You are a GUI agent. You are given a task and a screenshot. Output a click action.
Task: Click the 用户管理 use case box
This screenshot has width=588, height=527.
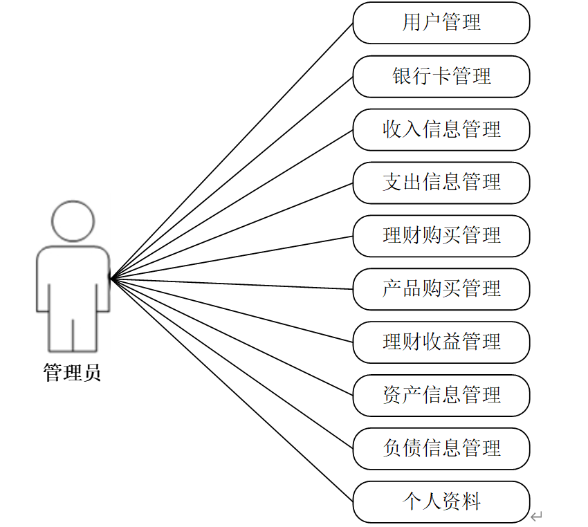pyautogui.click(x=441, y=23)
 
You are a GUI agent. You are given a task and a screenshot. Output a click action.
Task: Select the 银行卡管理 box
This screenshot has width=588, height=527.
pyautogui.click(x=441, y=76)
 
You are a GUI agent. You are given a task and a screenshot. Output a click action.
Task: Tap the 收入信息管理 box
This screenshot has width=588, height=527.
pyautogui.click(x=441, y=129)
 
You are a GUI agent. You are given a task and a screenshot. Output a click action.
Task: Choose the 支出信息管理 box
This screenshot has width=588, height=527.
pyautogui.click(x=441, y=183)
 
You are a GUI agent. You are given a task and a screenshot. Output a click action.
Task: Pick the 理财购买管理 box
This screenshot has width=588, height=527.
pyautogui.click(x=441, y=236)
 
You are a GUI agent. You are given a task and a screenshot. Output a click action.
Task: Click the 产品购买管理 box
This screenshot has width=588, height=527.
pyautogui.click(x=441, y=289)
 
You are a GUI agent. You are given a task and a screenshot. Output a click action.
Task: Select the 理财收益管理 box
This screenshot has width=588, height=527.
pyautogui.click(x=441, y=342)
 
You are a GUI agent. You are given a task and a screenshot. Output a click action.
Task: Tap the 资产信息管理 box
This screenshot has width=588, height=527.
pyautogui.click(x=441, y=396)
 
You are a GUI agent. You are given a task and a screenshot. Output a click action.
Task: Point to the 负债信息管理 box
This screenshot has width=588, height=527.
pyautogui.click(x=441, y=449)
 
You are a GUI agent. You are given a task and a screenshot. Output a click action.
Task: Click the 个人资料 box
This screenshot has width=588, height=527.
pyautogui.click(x=441, y=502)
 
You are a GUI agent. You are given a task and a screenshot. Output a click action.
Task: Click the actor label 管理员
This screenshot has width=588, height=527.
pyautogui.click(x=73, y=373)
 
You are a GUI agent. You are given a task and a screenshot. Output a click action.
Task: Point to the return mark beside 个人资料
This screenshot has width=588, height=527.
pyautogui.click(x=536, y=516)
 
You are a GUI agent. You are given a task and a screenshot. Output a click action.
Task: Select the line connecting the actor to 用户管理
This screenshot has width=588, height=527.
pyautogui.click(x=232, y=151)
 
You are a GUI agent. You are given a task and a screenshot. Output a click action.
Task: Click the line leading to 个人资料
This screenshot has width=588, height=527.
pyautogui.click(x=232, y=391)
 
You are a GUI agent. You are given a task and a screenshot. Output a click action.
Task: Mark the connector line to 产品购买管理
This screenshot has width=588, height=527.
pyautogui.click(x=232, y=284)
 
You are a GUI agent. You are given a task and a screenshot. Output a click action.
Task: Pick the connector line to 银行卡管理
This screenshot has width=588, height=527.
pyautogui.click(x=232, y=178)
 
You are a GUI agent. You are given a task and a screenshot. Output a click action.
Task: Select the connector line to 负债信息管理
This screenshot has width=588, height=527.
pyautogui.click(x=232, y=364)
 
